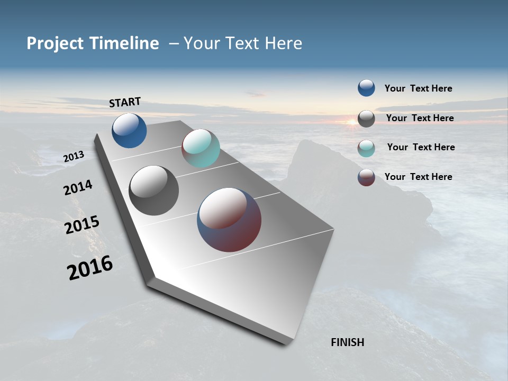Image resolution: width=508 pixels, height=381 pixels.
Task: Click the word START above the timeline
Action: (125, 102)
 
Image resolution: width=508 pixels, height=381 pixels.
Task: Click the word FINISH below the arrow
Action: (347, 342)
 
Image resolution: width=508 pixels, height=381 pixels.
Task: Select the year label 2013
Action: (74, 157)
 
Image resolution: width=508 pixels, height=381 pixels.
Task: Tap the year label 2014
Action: (78, 187)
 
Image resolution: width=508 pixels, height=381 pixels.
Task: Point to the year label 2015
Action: (82, 224)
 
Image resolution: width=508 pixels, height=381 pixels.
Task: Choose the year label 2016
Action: (90, 268)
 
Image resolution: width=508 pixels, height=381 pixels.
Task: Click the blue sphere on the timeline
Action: (129, 130)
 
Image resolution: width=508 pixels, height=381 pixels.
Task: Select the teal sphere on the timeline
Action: (201, 148)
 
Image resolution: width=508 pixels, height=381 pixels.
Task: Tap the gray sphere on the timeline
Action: (153, 190)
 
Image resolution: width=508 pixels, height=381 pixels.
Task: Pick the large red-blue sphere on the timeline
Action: (229, 220)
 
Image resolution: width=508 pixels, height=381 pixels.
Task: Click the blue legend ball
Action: (366, 88)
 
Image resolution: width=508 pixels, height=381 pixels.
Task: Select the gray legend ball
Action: (366, 119)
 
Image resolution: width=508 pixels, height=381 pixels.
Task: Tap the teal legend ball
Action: (366, 148)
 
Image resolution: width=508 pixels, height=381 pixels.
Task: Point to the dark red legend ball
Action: (366, 177)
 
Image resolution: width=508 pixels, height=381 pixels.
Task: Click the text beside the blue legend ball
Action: (418, 88)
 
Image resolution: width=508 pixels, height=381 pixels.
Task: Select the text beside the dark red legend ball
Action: (418, 177)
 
